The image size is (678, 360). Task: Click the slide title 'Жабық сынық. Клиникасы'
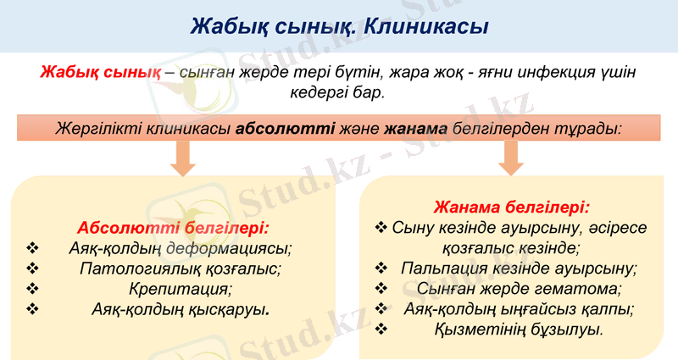(x=339, y=25)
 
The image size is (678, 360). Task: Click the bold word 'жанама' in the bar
(x=415, y=130)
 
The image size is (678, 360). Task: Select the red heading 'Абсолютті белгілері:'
(x=174, y=228)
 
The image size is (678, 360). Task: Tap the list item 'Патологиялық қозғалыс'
(x=180, y=269)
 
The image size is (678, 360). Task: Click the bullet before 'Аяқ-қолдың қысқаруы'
(x=34, y=309)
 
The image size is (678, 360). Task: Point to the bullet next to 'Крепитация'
(x=34, y=289)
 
